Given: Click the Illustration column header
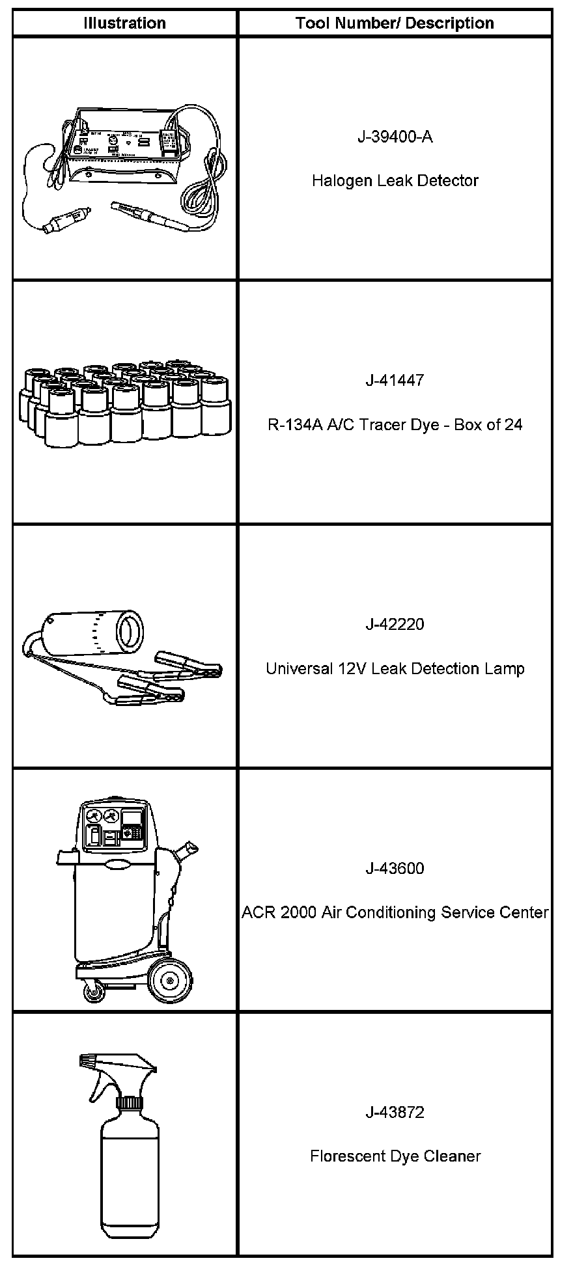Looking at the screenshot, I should click(x=124, y=23).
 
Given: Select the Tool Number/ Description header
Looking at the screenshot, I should click(x=395, y=23).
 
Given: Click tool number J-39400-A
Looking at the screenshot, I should click(x=395, y=137).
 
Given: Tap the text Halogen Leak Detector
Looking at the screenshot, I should click(x=395, y=180).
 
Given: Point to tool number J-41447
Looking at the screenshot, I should click(x=395, y=380).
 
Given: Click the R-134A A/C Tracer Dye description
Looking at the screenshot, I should click(x=395, y=424).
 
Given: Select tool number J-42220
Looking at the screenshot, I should click(x=395, y=624).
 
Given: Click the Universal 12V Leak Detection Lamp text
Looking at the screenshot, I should click(x=395, y=668).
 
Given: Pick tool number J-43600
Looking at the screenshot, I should click(x=395, y=868).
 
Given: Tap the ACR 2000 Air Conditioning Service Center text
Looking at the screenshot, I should click(x=395, y=912).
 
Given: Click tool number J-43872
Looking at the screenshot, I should click(x=395, y=1112).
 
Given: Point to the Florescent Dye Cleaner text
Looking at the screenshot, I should click(x=395, y=1156).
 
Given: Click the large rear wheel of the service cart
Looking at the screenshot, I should click(x=171, y=981).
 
